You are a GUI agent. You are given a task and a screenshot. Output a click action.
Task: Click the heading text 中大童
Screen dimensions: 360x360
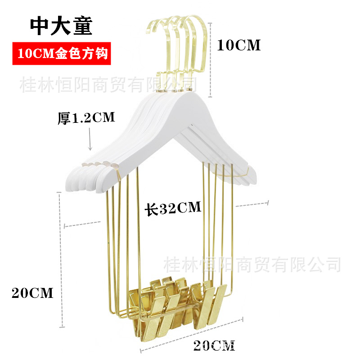[x=61, y=26]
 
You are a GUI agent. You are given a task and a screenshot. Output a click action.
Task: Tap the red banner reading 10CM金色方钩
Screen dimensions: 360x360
[x=62, y=54]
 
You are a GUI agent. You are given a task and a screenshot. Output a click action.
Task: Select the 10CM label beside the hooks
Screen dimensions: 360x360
[x=239, y=45]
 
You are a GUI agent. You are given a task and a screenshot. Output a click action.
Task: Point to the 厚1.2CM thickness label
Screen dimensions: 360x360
[x=86, y=118]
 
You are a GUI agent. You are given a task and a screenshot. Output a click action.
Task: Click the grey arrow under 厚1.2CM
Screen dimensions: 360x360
[x=90, y=139]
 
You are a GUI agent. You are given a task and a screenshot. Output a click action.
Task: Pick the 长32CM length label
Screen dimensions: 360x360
[x=173, y=208]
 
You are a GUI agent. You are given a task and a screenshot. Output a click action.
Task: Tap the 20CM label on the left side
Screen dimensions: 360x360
[x=32, y=293]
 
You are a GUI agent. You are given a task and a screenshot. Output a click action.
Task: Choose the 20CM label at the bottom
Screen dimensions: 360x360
[x=214, y=346]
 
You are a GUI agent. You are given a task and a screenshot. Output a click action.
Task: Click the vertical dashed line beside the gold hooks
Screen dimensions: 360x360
[x=210, y=60]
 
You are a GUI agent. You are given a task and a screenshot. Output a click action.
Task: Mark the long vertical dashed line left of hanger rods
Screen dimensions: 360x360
[x=61, y=260]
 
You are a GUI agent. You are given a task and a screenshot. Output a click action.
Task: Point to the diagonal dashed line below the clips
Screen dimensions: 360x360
[x=192, y=335]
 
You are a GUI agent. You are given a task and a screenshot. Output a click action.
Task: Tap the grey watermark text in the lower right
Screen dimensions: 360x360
[x=252, y=265]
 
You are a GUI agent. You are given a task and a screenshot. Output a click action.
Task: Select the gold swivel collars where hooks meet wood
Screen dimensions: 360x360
[x=175, y=90]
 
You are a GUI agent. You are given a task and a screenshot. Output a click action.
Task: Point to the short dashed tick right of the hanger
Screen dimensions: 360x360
[x=252, y=204]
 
